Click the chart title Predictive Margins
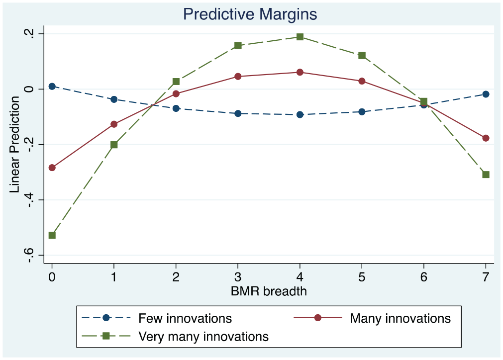point(250,14)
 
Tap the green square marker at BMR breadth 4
point(300,37)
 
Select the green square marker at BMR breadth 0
point(52,235)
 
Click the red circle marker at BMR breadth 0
point(52,168)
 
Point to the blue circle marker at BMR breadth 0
point(52,86)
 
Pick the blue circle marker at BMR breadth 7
point(486,94)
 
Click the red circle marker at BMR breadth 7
point(486,138)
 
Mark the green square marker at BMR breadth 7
point(486,175)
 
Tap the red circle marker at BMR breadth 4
point(300,72)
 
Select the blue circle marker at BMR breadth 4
point(300,114)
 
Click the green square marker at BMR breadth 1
point(114,145)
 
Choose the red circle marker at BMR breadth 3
point(238,76)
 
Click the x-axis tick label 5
point(362,277)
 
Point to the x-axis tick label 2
point(176,277)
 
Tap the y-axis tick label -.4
point(29,200)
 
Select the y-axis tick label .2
point(29,34)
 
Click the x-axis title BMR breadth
point(269,291)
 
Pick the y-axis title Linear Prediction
point(14,145)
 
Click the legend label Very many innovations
point(203,337)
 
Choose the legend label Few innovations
point(185,318)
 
